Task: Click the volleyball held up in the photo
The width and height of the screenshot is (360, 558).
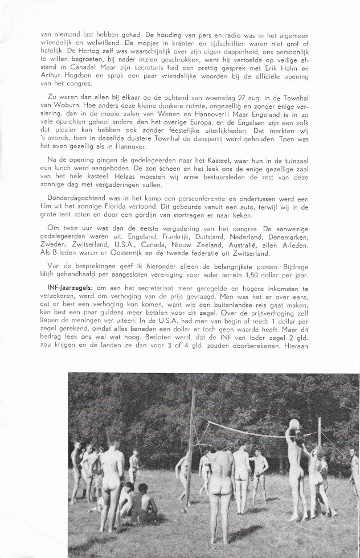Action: [294, 425]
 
